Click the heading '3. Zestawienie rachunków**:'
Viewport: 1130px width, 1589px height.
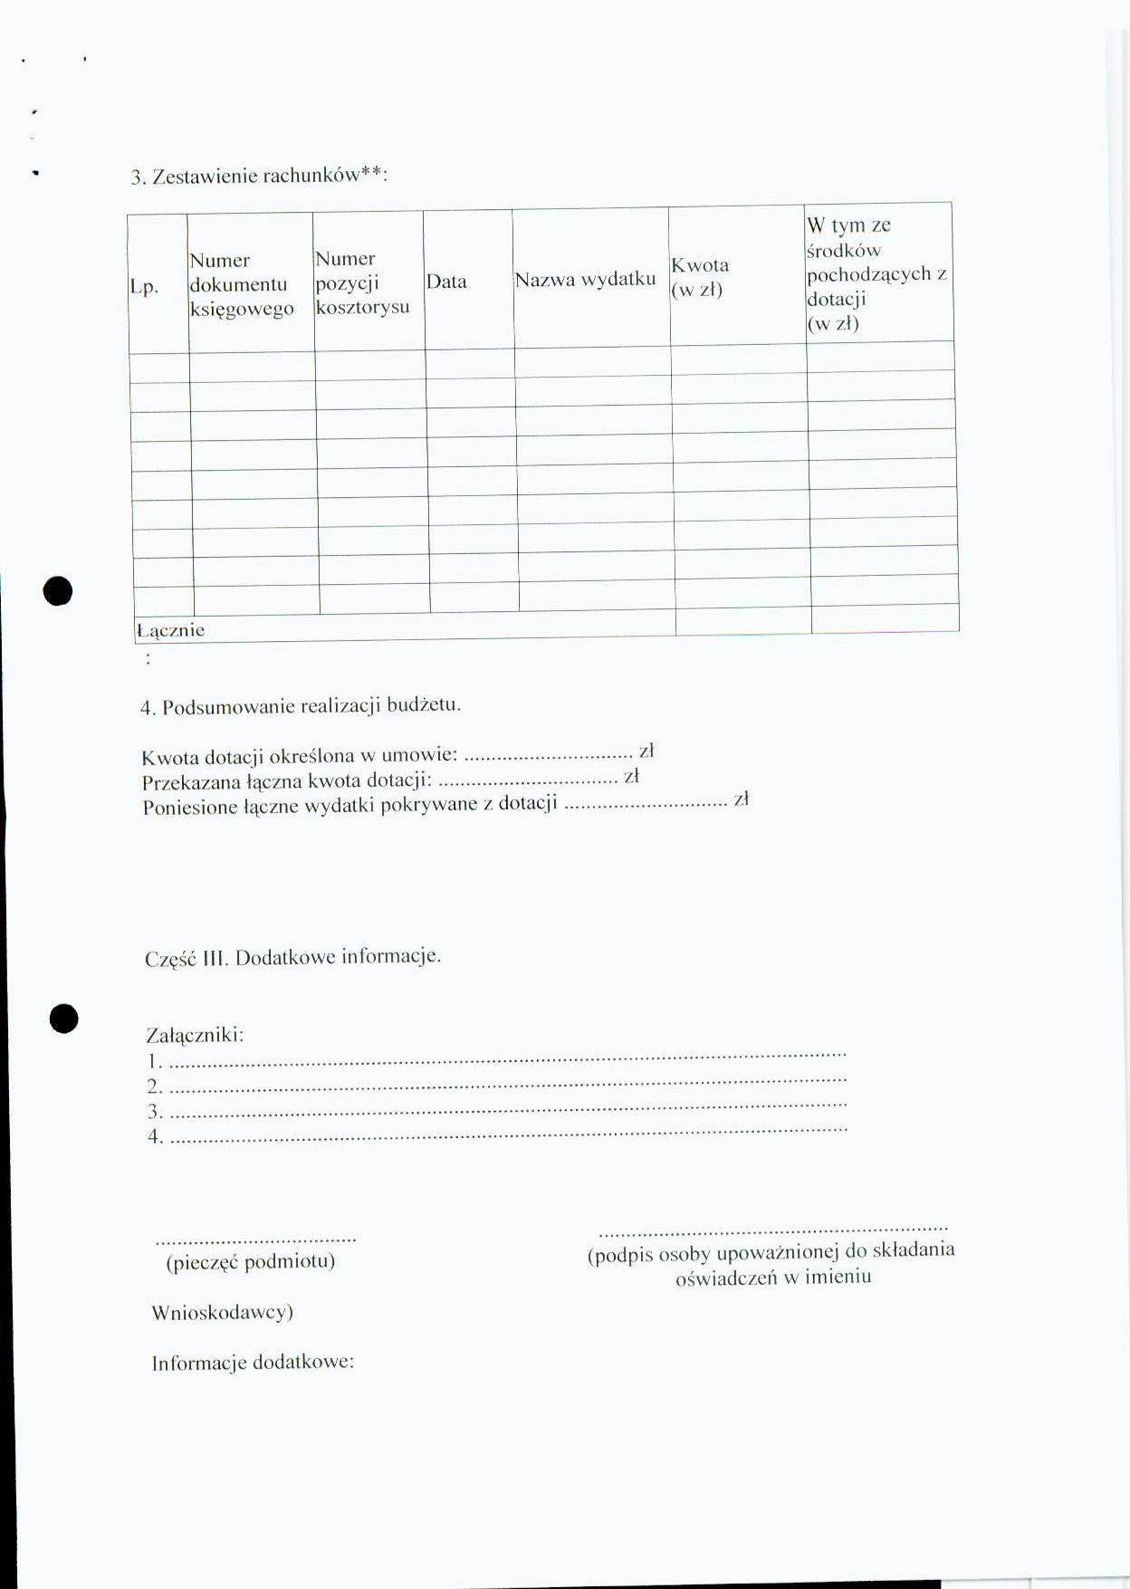coord(260,176)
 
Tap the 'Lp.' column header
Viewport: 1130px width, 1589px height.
coord(144,287)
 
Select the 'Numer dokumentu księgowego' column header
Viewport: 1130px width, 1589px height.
coord(241,284)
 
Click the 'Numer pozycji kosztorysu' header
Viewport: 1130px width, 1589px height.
coord(361,282)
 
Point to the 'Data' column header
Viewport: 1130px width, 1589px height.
coord(446,282)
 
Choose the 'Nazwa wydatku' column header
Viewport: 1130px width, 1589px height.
coord(585,280)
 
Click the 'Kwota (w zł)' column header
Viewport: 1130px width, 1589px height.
coord(699,277)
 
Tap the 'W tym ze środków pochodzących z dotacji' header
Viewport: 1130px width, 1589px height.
coord(876,273)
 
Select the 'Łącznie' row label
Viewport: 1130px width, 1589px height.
coord(170,630)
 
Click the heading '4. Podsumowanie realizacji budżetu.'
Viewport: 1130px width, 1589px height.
coord(301,706)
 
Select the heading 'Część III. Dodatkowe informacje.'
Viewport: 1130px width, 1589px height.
coord(292,957)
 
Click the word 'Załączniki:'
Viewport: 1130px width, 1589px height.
coord(195,1034)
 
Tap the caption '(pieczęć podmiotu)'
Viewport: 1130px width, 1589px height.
coord(250,1261)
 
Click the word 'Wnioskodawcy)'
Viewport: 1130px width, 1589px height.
coord(222,1312)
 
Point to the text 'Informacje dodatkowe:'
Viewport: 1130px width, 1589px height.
coord(253,1363)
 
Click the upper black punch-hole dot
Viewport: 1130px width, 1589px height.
coord(58,590)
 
